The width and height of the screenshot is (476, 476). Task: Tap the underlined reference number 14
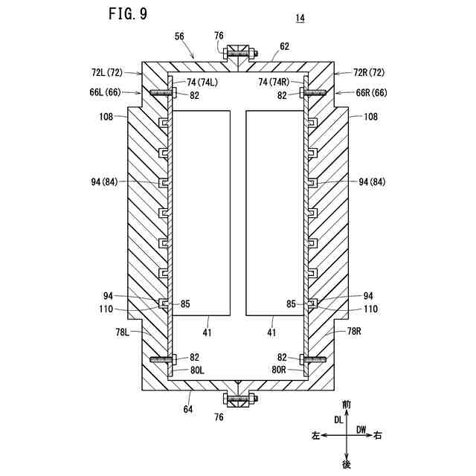click(x=300, y=19)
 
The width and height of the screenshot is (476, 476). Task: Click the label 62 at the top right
click(x=285, y=45)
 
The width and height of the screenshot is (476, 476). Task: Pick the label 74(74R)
click(x=280, y=83)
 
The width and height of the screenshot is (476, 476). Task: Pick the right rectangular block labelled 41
click(x=274, y=212)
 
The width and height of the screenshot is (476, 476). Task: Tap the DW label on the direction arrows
click(x=361, y=429)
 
